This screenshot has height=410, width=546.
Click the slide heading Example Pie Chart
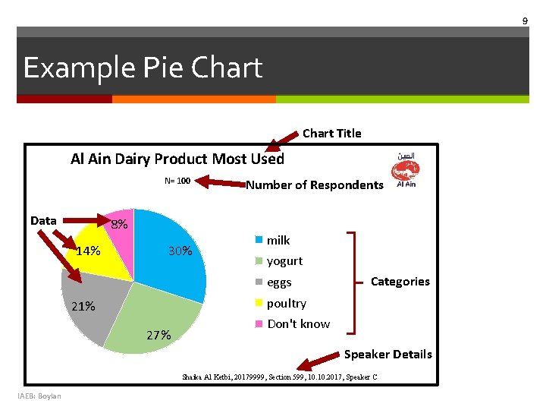(x=143, y=68)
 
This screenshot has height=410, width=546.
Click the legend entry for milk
(x=278, y=240)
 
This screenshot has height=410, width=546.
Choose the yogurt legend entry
(x=284, y=261)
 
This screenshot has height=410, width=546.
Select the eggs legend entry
(x=278, y=282)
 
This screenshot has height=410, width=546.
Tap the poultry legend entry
(x=286, y=304)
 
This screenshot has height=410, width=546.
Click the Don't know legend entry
(x=298, y=324)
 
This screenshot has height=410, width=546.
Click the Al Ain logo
(x=406, y=170)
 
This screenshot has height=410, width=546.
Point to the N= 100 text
(x=177, y=181)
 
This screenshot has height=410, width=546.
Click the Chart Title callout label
(x=331, y=134)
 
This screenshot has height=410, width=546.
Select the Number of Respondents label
(x=315, y=185)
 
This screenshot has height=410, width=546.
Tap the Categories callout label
(x=400, y=282)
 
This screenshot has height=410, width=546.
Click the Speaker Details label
(x=388, y=355)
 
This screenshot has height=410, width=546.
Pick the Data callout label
(x=43, y=221)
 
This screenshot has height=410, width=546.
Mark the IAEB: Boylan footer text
(x=40, y=396)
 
